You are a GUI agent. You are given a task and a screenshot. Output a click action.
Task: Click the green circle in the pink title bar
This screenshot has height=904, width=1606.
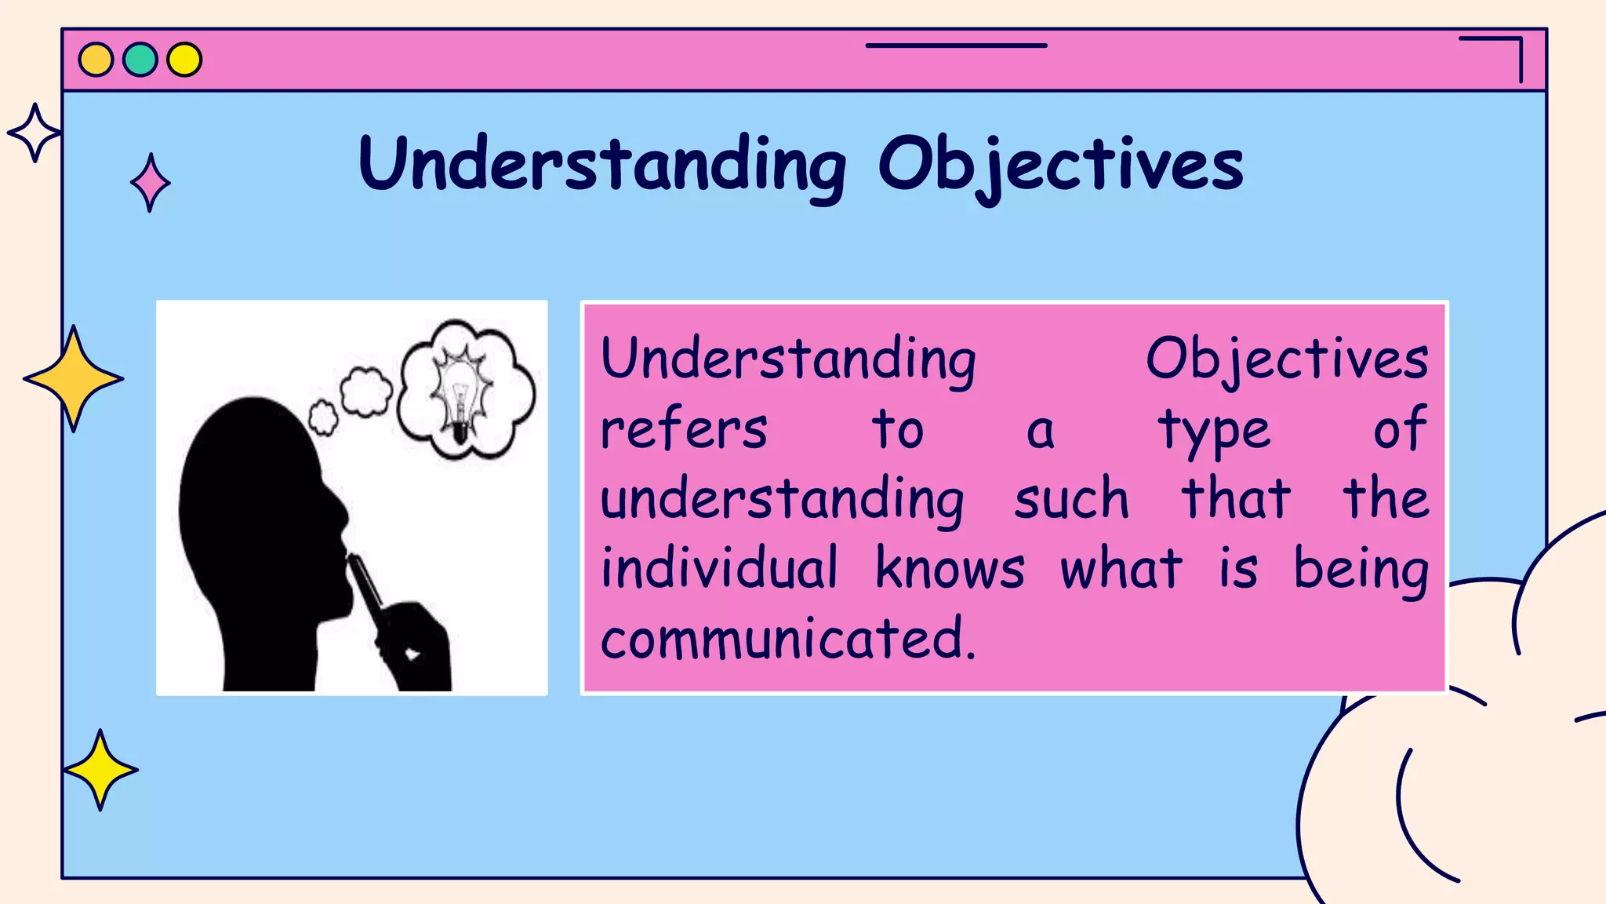click(140, 60)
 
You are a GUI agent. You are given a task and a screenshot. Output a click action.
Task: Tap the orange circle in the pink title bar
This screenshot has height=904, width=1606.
click(96, 60)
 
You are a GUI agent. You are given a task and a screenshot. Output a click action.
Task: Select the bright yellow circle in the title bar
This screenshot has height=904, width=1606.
click(184, 60)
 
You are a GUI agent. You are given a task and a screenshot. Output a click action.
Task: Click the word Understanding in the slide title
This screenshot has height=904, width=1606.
click(602, 165)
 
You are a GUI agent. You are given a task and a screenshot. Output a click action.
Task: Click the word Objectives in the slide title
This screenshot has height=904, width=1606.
click(1060, 165)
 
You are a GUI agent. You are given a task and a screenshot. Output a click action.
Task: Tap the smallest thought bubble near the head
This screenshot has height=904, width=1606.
click(322, 417)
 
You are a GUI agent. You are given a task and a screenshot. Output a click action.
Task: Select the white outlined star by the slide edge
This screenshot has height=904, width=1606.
click(34, 133)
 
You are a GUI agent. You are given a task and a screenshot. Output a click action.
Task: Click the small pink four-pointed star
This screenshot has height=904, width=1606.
click(150, 183)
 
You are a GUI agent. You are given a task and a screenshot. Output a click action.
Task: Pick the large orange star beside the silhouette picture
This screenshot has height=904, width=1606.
click(74, 379)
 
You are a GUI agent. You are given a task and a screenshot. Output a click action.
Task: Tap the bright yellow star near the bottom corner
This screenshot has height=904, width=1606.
click(100, 770)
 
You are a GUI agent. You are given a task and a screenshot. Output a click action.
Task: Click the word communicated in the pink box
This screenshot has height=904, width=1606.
click(787, 638)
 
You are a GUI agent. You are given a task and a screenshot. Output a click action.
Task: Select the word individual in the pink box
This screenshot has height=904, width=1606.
click(719, 568)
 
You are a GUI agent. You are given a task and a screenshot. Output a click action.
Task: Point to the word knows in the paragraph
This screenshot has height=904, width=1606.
click(950, 568)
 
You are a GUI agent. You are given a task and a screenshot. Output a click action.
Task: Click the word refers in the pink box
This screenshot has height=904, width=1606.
click(684, 429)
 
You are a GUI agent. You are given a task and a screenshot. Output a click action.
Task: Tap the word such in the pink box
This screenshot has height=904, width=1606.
click(1071, 499)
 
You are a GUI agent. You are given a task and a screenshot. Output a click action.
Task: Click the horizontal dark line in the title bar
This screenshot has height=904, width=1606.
click(956, 46)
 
